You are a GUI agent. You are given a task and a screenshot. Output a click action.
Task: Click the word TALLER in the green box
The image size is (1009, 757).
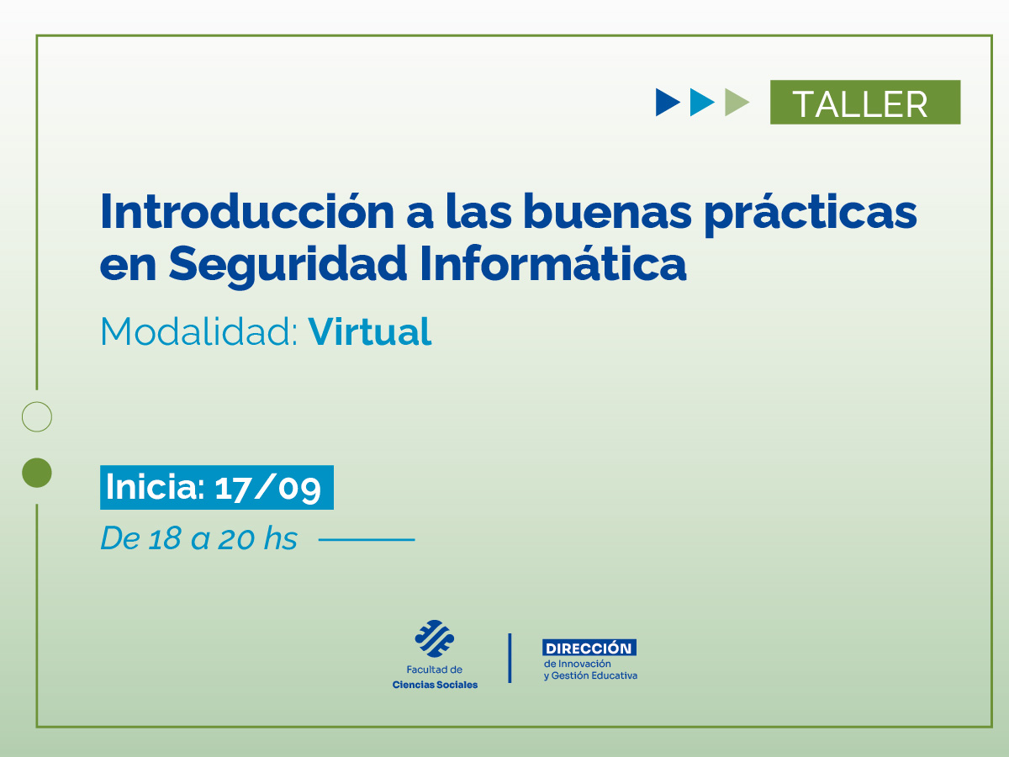pyautogui.click(x=860, y=103)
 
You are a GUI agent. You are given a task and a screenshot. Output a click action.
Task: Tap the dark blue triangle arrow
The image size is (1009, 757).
pyautogui.click(x=667, y=103)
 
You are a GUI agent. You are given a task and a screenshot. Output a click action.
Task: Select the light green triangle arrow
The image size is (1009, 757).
pyautogui.click(x=736, y=103)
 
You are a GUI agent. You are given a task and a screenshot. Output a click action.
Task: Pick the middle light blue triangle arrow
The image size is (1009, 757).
pyautogui.click(x=701, y=103)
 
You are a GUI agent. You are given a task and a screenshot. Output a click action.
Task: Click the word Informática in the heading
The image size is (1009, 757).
pyautogui.click(x=552, y=263)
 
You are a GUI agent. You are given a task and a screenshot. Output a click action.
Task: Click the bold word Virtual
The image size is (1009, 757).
pyautogui.click(x=370, y=331)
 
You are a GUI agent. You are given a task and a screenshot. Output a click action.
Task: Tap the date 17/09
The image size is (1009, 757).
pyautogui.click(x=267, y=488)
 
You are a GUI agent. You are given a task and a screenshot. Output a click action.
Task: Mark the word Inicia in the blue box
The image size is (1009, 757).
pyautogui.click(x=154, y=488)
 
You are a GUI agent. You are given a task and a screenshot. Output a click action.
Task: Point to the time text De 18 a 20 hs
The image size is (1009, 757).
pyautogui.click(x=199, y=539)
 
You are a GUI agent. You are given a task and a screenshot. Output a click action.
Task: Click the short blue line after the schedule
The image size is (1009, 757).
pyautogui.click(x=367, y=539)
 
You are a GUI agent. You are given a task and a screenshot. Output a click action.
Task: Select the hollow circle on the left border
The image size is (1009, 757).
pyautogui.click(x=37, y=416)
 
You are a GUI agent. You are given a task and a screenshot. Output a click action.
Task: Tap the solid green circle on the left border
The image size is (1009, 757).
pyautogui.click(x=37, y=473)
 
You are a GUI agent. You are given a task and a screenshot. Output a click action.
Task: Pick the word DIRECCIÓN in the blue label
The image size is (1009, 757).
pyautogui.click(x=589, y=648)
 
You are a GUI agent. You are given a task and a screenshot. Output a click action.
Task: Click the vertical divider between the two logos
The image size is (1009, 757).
pyautogui.click(x=510, y=658)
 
